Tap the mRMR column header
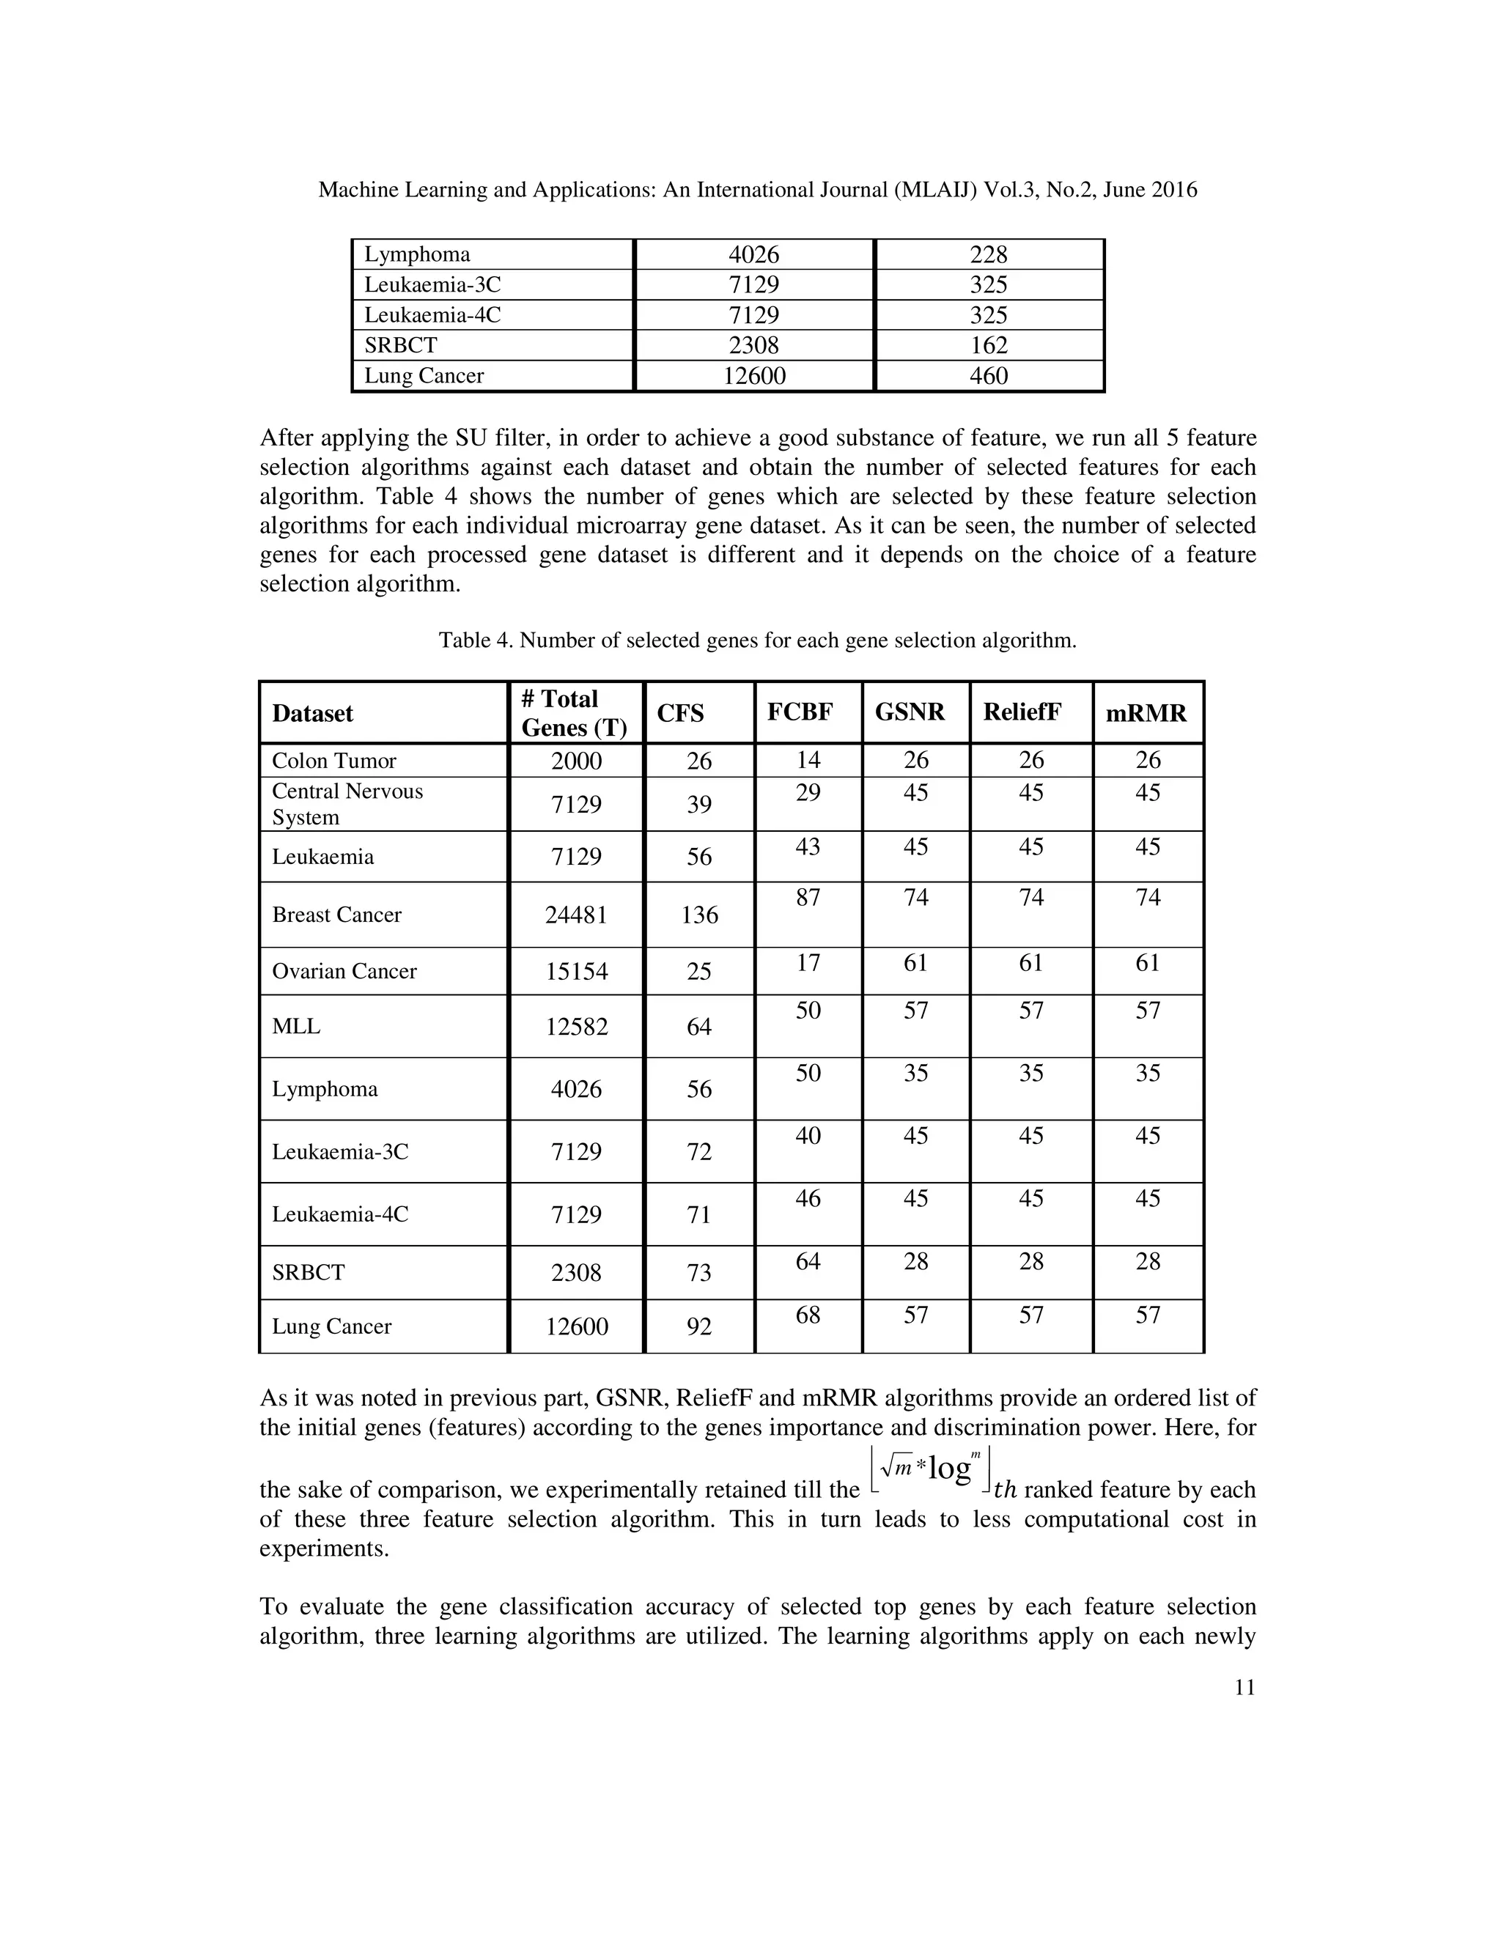(x=1146, y=713)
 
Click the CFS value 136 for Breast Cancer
(x=699, y=915)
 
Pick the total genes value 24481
(x=576, y=915)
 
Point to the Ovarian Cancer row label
(x=344, y=971)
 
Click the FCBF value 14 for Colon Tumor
(x=808, y=760)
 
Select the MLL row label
(x=296, y=1026)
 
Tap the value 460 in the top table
(x=988, y=375)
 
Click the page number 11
(x=1244, y=1713)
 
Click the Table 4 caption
(x=756, y=640)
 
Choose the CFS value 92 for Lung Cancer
(x=699, y=1326)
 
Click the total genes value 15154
(x=576, y=971)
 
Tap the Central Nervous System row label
(x=347, y=804)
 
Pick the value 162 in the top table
(x=988, y=345)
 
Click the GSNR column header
(x=910, y=712)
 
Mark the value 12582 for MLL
(x=576, y=1027)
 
